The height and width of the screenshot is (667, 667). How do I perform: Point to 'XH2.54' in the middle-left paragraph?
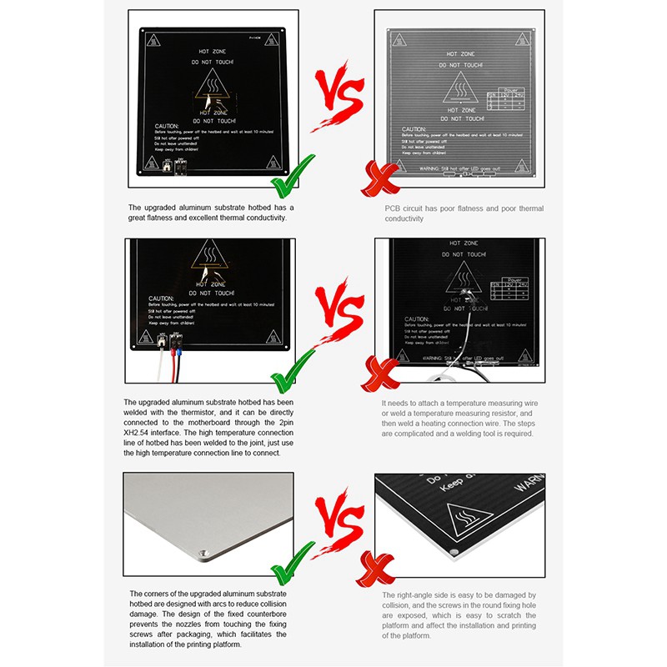click(137, 433)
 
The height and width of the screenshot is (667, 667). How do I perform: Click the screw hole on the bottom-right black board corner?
click(451, 552)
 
